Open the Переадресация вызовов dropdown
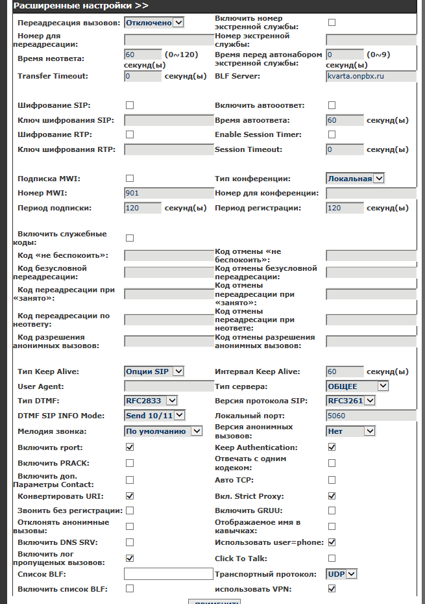pos(154,23)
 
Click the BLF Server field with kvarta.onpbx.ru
pos(370,76)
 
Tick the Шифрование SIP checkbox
pos(130,105)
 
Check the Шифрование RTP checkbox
pos(130,134)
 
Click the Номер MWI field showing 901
pos(169,193)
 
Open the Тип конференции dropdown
pos(356,178)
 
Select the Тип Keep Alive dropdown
pos(154,371)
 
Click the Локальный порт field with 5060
pos(370,416)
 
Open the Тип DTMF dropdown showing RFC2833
pos(151,401)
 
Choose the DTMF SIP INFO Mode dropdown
pos(154,416)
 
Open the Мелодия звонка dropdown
pos(163,431)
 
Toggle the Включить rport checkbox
pos(130,447)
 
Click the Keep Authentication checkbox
pos(332,447)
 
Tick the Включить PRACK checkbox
pos(130,463)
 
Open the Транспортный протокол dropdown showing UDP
pos(342,574)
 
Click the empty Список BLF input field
pos(169,574)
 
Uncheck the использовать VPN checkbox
pos(332,589)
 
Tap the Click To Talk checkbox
pos(332,558)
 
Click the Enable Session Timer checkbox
pos(332,134)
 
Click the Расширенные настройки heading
pos(81,6)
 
